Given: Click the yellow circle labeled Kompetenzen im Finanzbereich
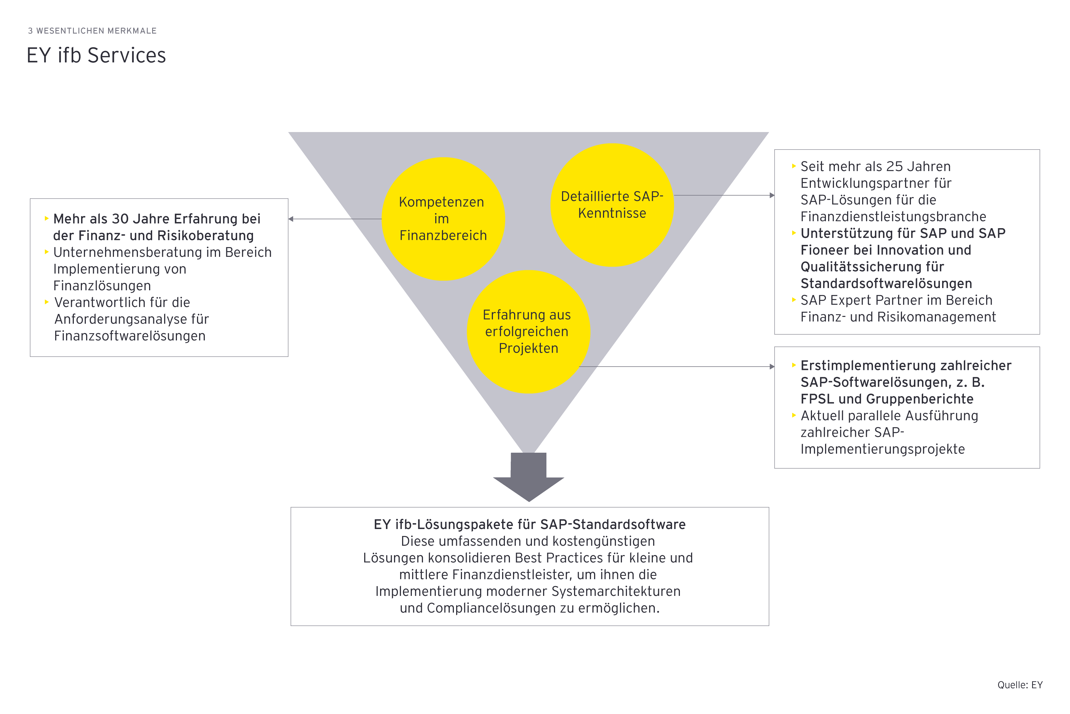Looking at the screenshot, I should tap(443, 219).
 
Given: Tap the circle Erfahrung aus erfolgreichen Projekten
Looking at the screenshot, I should tap(528, 332).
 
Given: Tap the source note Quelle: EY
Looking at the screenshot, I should tap(1020, 685).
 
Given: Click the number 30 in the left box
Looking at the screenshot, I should tap(120, 219).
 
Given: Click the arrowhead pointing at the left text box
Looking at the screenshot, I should tap(291, 219).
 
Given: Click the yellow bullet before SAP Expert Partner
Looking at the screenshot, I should tap(794, 300).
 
